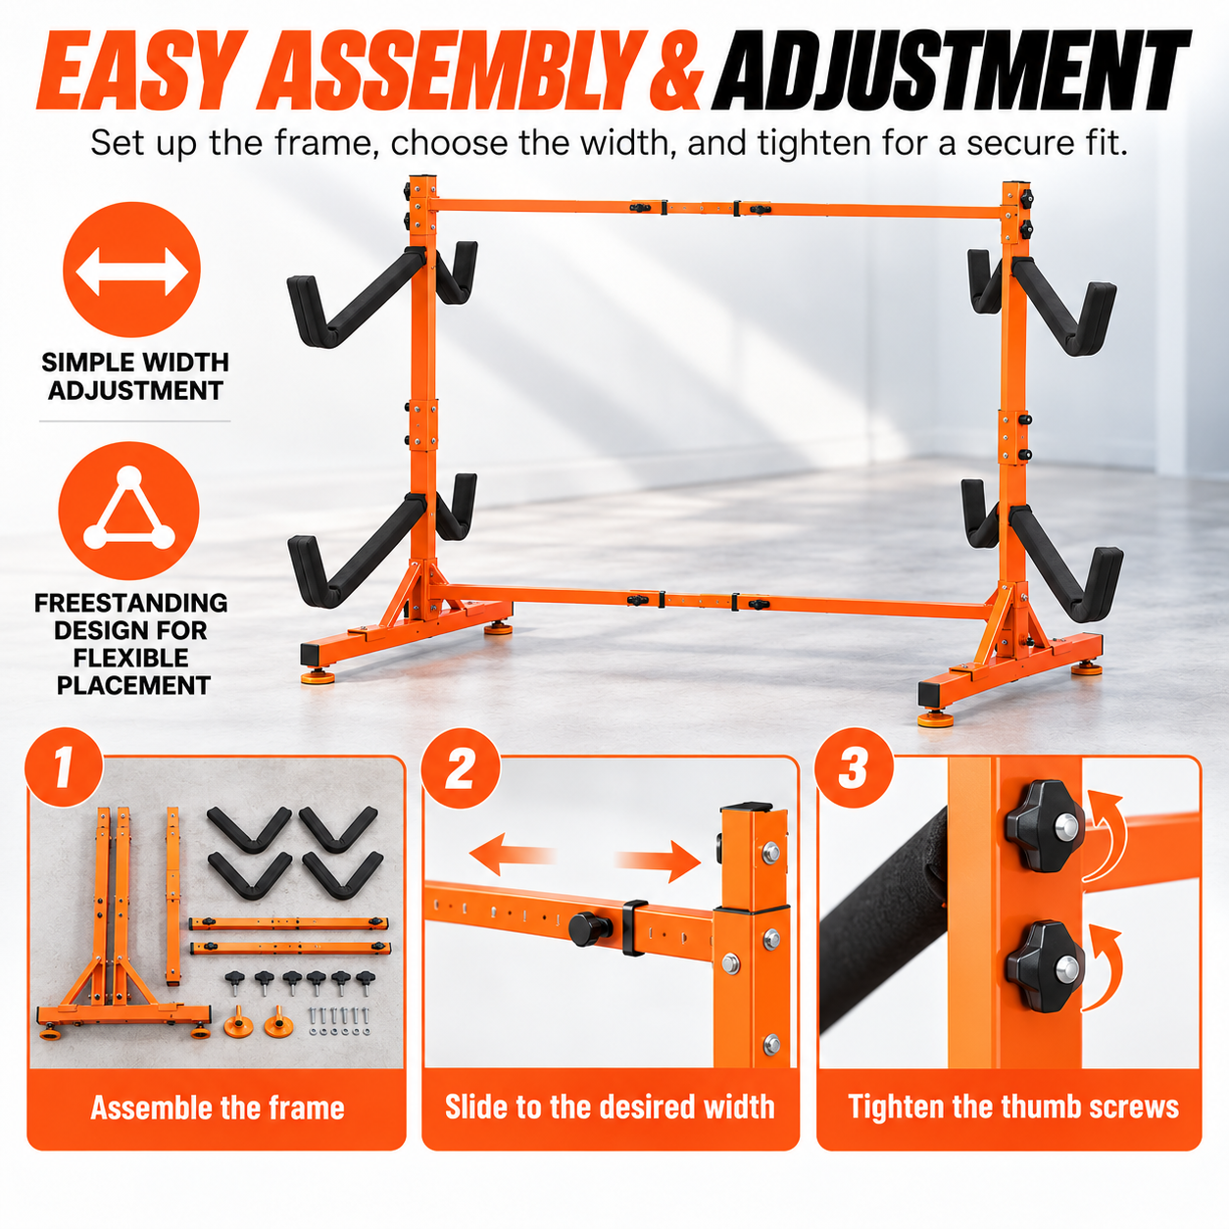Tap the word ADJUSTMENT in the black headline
pos(950,70)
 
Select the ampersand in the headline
pos(675,71)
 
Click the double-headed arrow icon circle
pos(131,270)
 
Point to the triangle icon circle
pos(128,511)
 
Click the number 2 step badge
pos(461,769)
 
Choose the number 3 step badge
pos(855,768)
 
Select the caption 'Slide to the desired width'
pos(610,1107)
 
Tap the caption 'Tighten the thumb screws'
pos(1013,1107)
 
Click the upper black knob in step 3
pos(1045,826)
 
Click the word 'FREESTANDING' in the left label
pos(130,603)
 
